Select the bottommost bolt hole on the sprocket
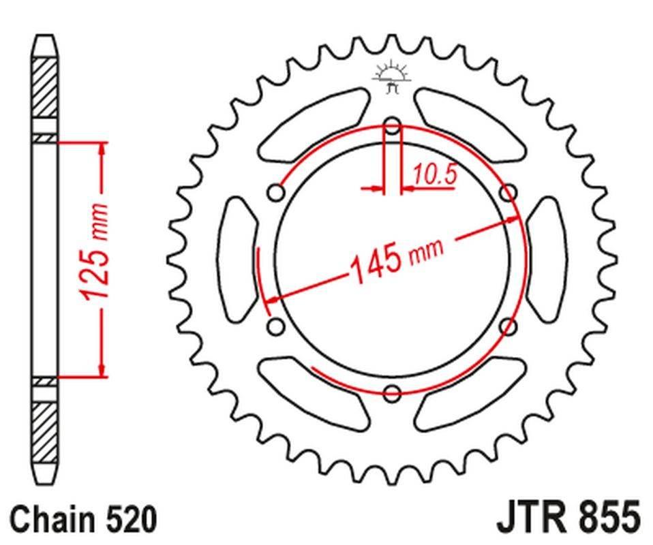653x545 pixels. (392, 392)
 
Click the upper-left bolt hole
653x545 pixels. (277, 193)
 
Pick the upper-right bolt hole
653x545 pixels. (508, 193)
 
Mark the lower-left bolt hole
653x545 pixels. (277, 326)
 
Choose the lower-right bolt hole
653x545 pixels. (508, 326)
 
